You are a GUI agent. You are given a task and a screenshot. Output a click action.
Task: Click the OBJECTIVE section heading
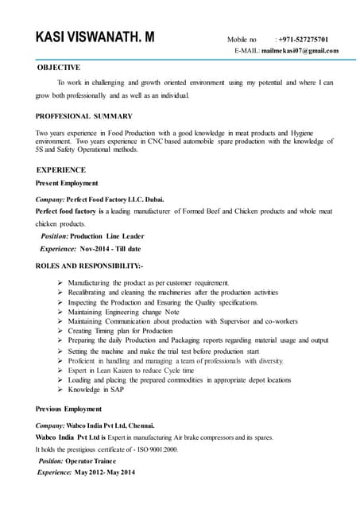coord(59,68)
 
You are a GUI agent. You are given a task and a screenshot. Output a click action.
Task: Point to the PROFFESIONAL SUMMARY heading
coord(84,116)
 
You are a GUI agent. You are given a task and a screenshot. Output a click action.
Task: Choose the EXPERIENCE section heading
coord(61,170)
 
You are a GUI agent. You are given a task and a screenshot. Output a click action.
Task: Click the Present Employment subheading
coord(67,183)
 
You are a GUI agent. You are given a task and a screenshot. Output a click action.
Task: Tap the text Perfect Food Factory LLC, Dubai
coord(114,199)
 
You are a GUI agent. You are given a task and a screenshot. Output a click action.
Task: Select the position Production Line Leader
coord(107,236)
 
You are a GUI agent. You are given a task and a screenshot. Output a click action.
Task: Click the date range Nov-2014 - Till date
coord(111,249)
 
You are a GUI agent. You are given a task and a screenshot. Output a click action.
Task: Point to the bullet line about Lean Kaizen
coord(130,371)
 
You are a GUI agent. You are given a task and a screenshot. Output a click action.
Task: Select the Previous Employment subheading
coord(70,409)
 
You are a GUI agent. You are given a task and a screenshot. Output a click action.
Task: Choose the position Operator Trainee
coord(91,461)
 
